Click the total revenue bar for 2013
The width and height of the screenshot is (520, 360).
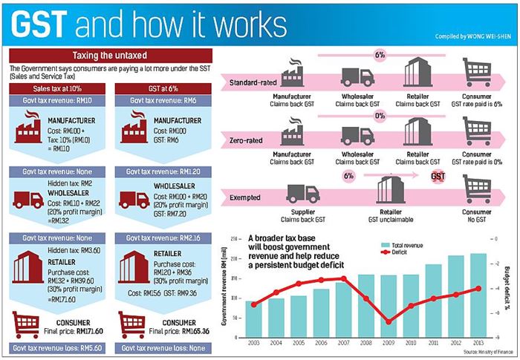478,295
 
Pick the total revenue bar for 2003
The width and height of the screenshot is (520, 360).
253,318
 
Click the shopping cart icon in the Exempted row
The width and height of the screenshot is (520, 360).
477,186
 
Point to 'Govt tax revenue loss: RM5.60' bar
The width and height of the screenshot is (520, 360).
56,347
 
